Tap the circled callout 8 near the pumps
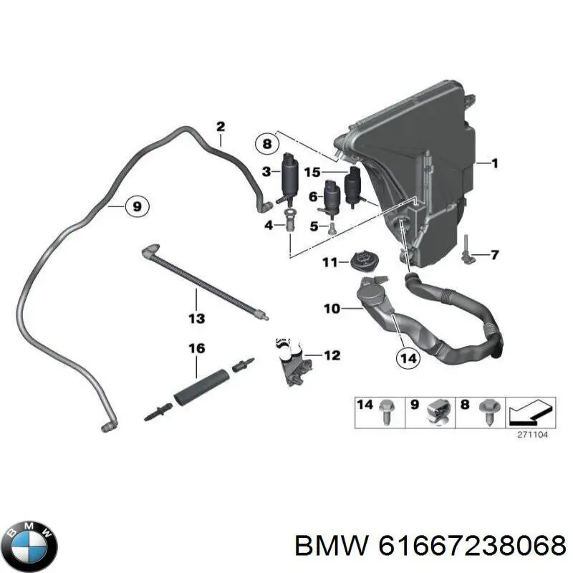(x=266, y=144)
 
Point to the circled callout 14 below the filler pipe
(x=407, y=356)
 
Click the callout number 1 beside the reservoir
(x=493, y=163)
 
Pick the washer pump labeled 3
(x=291, y=179)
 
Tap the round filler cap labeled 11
(x=367, y=261)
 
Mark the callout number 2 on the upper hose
(x=221, y=127)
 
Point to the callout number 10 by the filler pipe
(x=332, y=309)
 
